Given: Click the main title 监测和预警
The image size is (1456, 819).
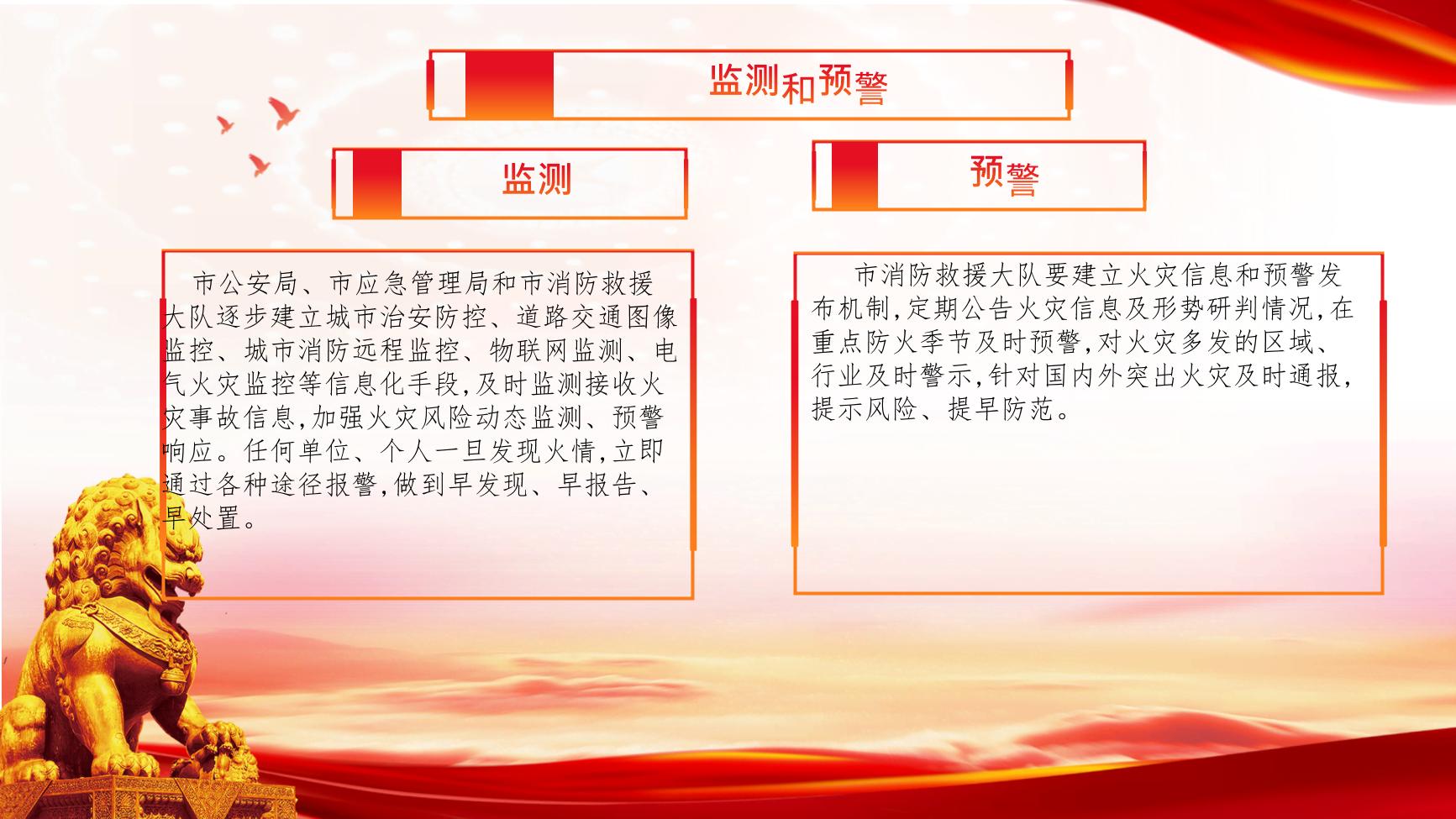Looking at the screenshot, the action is (x=798, y=83).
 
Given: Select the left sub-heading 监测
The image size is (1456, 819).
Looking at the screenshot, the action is (x=537, y=179).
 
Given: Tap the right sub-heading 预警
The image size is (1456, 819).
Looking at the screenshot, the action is (x=1005, y=175).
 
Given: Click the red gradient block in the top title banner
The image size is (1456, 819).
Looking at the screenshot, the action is (x=509, y=84).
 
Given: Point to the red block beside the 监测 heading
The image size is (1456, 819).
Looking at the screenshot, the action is (x=376, y=183).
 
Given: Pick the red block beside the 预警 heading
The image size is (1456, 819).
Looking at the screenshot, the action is (x=854, y=175).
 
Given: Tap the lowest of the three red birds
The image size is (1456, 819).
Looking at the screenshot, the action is (x=259, y=165).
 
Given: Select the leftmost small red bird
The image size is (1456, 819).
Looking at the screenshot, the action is (x=225, y=124).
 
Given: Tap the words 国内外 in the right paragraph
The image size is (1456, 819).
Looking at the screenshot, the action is (x=1082, y=376).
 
